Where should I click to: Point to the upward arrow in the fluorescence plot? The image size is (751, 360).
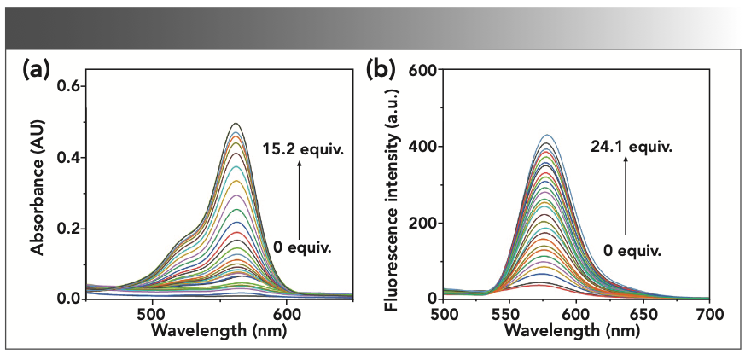coord(626,197)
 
